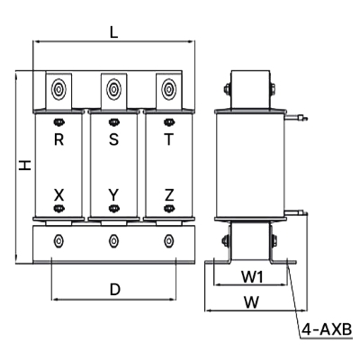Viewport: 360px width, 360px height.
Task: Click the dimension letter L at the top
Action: pyautogui.click(x=113, y=31)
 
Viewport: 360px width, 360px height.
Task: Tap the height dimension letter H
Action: pyautogui.click(x=26, y=166)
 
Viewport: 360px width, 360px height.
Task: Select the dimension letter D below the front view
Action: pyautogui.click(x=114, y=289)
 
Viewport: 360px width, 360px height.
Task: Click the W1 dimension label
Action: pyautogui.click(x=253, y=276)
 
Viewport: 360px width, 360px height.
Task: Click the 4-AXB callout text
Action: pyautogui.click(x=327, y=331)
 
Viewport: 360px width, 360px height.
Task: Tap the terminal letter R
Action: pyautogui.click(x=59, y=139)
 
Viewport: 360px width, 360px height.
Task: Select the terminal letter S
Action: pyautogui.click(x=113, y=139)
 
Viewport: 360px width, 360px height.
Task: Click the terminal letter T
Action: pyautogui.click(x=168, y=139)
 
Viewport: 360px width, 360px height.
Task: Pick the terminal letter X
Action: pyautogui.click(x=59, y=194)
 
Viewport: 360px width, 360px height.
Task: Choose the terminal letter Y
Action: pyautogui.click(x=113, y=194)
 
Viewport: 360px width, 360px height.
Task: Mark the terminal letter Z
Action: pyautogui.click(x=168, y=194)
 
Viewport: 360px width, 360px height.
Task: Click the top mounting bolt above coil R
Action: pyautogui.click(x=59, y=89)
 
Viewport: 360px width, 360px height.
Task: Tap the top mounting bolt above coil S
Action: pyautogui.click(x=113, y=89)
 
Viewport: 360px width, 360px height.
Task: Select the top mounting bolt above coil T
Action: pyautogui.click(x=168, y=89)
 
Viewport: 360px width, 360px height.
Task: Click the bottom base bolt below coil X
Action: pyautogui.click(x=59, y=240)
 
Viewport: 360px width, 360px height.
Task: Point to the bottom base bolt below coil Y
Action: pyautogui.click(x=113, y=240)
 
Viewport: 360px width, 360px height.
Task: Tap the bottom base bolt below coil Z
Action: pyautogui.click(x=168, y=240)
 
